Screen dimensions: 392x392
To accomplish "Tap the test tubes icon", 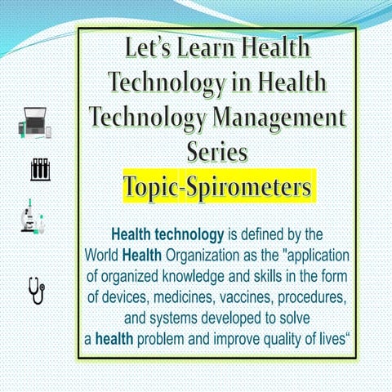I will (x=39, y=169).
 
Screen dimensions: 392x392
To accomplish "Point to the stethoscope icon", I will (x=37, y=290).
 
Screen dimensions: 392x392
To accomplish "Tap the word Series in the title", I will (x=217, y=152).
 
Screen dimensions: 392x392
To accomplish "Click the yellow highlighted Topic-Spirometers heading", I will (x=217, y=188).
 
